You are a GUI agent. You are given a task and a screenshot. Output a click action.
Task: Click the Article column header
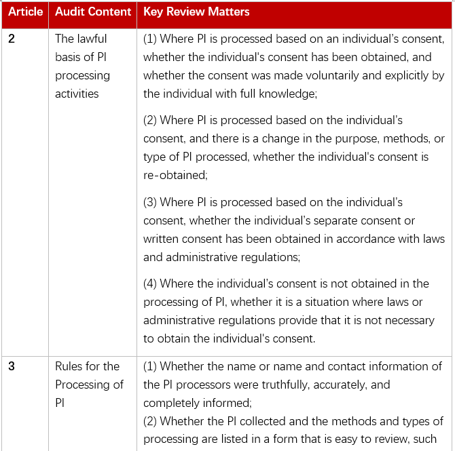(26, 12)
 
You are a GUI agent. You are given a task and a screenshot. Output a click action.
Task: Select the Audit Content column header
(93, 12)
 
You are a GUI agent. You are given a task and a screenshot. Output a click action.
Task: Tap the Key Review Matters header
(196, 12)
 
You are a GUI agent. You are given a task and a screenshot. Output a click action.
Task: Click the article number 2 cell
(12, 39)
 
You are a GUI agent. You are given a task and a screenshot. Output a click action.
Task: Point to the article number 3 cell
(12, 366)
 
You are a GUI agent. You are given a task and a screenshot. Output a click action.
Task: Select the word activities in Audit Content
(77, 94)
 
